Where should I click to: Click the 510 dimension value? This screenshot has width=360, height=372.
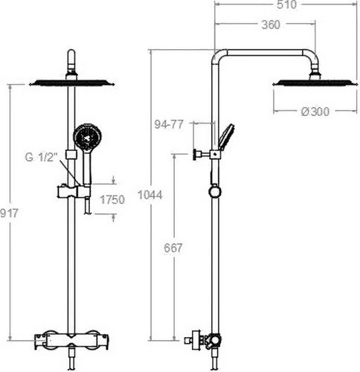tap(286, 5)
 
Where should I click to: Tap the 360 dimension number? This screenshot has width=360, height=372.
tap(271, 25)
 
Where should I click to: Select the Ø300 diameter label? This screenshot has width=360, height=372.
tap(315, 112)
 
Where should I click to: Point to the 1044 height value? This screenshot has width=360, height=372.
tap(150, 195)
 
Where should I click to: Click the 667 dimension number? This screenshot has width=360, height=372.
tap(173, 248)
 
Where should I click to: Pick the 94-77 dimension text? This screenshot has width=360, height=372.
tap(169, 124)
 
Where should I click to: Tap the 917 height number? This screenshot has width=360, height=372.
tap(9, 214)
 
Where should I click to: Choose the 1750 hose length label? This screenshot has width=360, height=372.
tap(112, 199)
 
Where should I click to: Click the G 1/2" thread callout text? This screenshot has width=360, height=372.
tap(41, 157)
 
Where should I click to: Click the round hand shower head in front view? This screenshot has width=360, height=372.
tap(87, 136)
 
